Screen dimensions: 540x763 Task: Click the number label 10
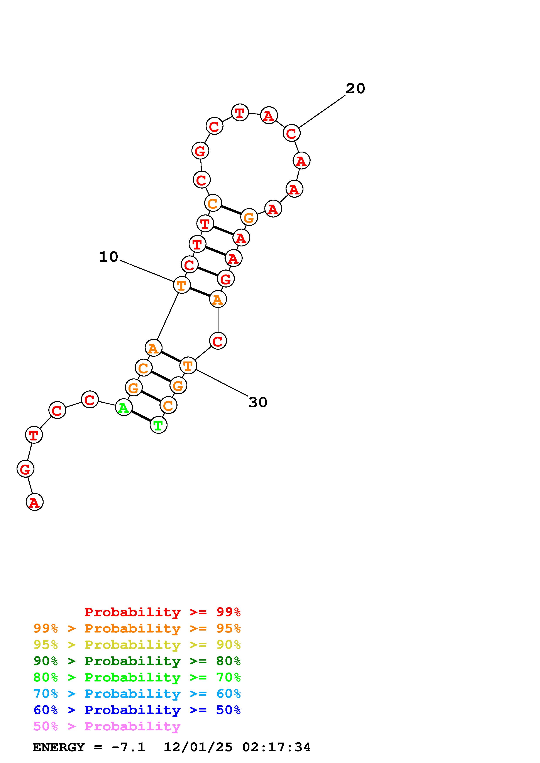pos(108,257)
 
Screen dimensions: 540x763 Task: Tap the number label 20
pos(355,88)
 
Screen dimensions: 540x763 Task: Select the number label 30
pos(258,402)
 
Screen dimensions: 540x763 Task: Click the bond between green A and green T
pos(141,416)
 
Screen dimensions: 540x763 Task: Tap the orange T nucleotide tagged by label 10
pos(182,285)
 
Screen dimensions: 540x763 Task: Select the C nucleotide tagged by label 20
pos(291,133)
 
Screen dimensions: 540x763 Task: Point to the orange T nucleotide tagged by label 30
pos(188,366)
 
